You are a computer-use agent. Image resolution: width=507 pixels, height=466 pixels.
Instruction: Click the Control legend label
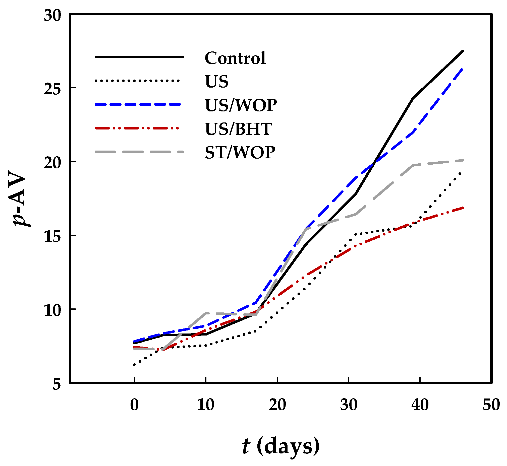pyautogui.click(x=235, y=58)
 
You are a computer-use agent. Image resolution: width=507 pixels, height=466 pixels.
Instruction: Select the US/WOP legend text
pyautogui.click(x=241, y=105)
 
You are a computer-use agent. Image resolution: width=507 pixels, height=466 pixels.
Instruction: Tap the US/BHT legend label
pyautogui.click(x=238, y=129)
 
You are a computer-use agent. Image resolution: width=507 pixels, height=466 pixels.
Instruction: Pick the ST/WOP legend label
pyautogui.click(x=240, y=153)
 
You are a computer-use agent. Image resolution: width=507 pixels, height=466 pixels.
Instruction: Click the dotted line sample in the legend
pyautogui.click(x=138, y=81)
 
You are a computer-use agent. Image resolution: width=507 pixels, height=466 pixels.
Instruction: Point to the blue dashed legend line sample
pyautogui.click(x=138, y=104)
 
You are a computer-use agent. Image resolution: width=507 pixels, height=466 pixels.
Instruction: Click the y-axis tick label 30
pyautogui.click(x=52, y=16)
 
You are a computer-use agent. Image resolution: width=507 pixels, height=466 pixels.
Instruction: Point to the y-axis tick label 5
pyautogui.click(x=57, y=385)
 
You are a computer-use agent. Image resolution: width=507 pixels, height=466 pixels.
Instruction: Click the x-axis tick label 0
pyautogui.click(x=134, y=405)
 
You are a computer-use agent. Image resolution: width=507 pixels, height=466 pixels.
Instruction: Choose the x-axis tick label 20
pyautogui.click(x=277, y=405)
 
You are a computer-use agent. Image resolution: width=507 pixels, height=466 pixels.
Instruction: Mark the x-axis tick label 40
pyautogui.click(x=420, y=405)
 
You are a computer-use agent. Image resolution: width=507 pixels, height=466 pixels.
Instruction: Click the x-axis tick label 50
pyautogui.click(x=491, y=405)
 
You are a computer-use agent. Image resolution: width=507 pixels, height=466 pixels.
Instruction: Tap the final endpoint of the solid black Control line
pyautogui.click(x=463, y=51)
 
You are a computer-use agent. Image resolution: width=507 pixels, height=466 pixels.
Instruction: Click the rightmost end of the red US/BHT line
pyautogui.click(x=463, y=208)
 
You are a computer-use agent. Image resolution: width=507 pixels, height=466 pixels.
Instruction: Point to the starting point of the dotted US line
pyautogui.click(x=134, y=365)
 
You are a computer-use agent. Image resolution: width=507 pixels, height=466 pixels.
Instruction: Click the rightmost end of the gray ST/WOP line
pyautogui.click(x=463, y=160)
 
